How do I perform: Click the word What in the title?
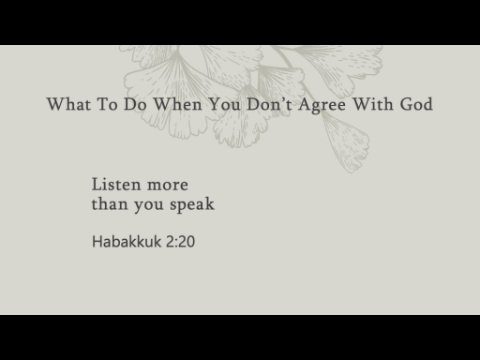(69, 104)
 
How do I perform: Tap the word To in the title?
(107, 104)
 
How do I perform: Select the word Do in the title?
(135, 104)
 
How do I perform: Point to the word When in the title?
(178, 104)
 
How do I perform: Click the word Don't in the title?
(270, 104)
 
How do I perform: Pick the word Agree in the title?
(322, 106)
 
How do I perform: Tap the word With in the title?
(373, 104)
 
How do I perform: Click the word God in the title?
(416, 104)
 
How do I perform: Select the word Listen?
(116, 184)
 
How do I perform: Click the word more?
(168, 186)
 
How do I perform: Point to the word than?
(110, 204)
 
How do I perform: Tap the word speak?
(192, 205)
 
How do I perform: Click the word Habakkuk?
(127, 241)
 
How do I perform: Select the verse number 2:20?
(180, 242)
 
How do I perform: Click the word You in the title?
(225, 104)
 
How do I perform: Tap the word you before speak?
(149, 207)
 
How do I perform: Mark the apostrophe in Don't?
(283, 100)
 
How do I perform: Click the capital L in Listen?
(97, 184)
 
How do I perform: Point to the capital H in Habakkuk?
(97, 241)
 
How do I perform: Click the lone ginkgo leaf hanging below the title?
(347, 142)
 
